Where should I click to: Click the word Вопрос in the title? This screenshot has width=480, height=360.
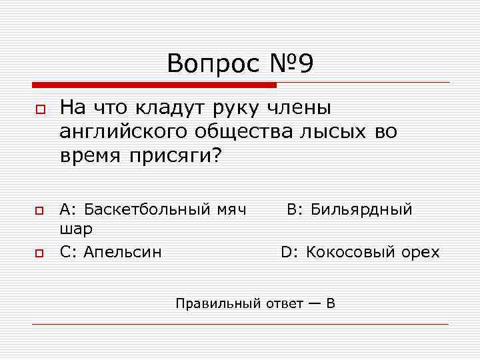coord(211,64)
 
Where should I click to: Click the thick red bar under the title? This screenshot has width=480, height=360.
coord(154,85)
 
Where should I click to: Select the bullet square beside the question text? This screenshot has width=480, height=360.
coord(39,109)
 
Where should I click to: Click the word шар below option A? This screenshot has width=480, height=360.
coord(75,229)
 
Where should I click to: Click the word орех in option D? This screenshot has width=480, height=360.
coord(421,252)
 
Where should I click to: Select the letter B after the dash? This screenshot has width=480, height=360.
coord(331,304)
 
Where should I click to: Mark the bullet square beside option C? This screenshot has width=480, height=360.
coord(39,253)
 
